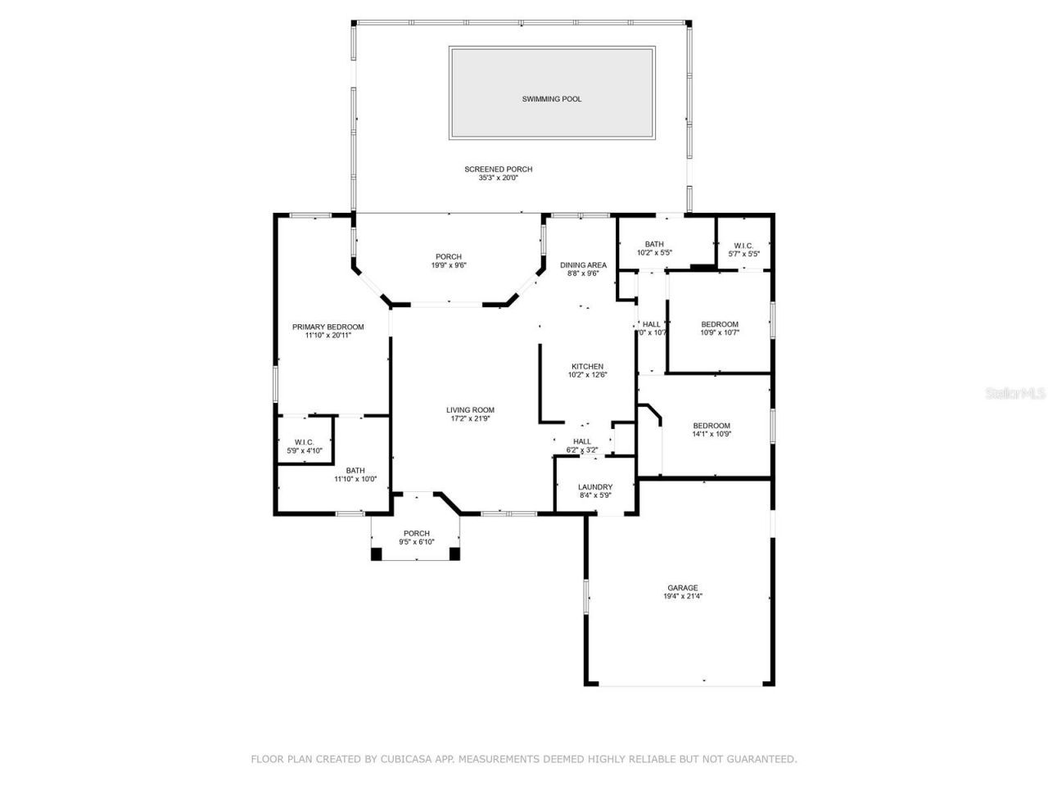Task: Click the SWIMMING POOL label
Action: [x=552, y=99]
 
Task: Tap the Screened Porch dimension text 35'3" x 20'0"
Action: [x=498, y=178]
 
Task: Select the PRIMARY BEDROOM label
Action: [x=328, y=327]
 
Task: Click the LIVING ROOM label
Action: [x=470, y=410]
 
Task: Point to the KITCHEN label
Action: [x=587, y=366]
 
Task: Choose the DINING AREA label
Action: [x=583, y=264]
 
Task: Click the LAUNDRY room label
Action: [x=595, y=486]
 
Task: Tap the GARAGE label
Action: [x=682, y=588]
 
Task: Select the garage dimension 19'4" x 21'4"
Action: [x=682, y=597]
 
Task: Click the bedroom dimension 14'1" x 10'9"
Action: [x=711, y=434]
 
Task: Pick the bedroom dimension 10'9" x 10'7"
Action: [x=720, y=332]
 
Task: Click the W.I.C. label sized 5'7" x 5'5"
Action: [x=743, y=245]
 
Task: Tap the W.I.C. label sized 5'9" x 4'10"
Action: [x=305, y=442]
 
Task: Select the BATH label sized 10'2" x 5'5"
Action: [x=654, y=244]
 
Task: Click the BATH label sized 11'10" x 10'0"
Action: [x=355, y=470]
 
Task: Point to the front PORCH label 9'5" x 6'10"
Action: [x=416, y=533]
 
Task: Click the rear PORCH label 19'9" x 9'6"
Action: [x=449, y=256]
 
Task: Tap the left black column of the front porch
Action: [x=377, y=554]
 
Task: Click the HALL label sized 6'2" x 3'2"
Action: [x=582, y=441]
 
